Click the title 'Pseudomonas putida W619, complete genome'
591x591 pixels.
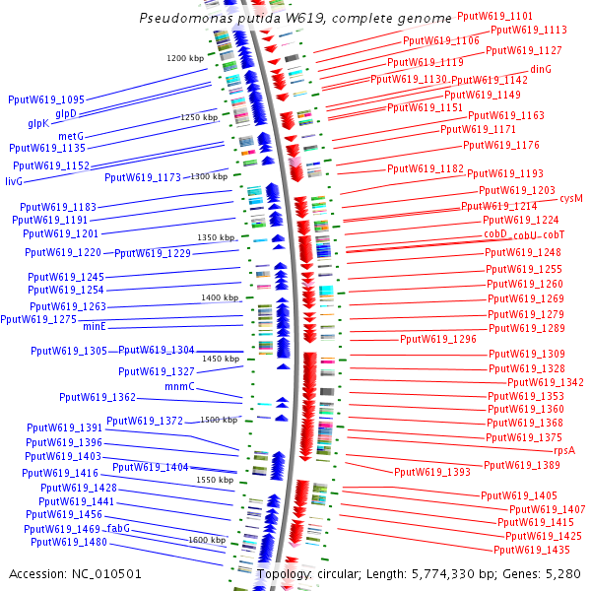295,18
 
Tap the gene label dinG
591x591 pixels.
541,69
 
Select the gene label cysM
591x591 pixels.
571,198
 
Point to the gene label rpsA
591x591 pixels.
564,449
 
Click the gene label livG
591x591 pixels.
14,182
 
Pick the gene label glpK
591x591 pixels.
38,124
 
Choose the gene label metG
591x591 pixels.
71,136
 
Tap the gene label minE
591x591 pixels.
94,326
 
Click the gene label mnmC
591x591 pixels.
179,387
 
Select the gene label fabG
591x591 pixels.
118,529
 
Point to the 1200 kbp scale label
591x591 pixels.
184,59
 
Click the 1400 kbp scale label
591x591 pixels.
220,297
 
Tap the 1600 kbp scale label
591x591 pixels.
207,540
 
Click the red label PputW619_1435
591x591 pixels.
532,550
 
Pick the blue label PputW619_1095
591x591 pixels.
46,99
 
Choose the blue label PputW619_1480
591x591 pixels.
69,542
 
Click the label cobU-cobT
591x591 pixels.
539,235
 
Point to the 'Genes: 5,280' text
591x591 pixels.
547,573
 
